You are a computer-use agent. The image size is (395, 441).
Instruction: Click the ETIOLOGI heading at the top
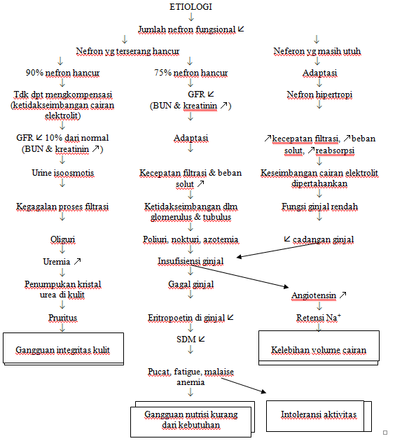click(x=191, y=6)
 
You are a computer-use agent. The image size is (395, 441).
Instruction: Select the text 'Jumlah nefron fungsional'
click(x=186, y=30)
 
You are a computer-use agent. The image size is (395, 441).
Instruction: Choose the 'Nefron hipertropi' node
click(x=319, y=94)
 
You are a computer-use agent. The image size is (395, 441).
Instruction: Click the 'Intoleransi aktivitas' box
click(x=318, y=414)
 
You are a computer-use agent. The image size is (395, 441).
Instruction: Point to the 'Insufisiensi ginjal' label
click(x=190, y=261)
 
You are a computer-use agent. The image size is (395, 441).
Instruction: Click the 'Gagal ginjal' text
click(x=190, y=285)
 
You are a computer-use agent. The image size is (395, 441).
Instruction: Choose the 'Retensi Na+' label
click(x=319, y=317)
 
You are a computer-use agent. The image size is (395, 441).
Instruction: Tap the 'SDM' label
click(x=186, y=339)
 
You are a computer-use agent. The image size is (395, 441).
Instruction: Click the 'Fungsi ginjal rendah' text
click(x=319, y=207)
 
